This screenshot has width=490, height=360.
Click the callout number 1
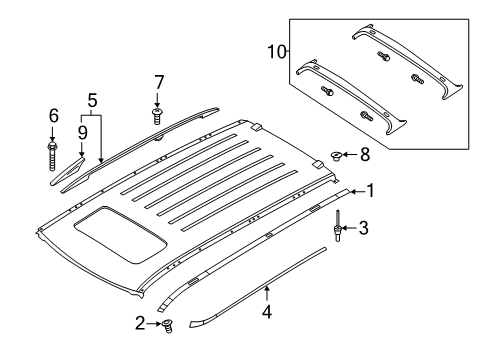370,190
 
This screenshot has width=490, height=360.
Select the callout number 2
139,322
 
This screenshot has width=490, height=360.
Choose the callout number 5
92,100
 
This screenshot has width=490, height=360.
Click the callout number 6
53,117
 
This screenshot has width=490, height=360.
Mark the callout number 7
158,81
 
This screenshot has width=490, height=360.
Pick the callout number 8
364,155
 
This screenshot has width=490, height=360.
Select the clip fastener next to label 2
167,323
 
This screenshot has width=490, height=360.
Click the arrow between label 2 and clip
153,322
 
